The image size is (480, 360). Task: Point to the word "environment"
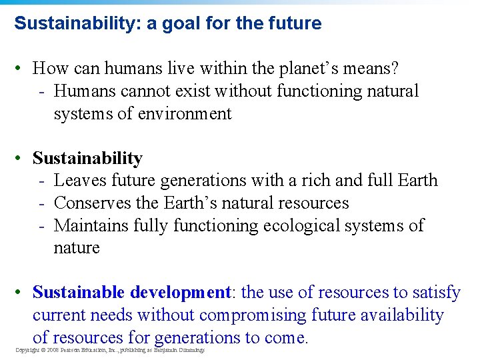click(185, 113)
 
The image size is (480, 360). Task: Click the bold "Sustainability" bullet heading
click(87, 158)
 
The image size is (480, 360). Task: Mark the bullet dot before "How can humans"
click(23, 68)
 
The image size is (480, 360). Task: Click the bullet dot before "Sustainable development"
click(23, 293)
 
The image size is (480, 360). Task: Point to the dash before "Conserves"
click(42, 203)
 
